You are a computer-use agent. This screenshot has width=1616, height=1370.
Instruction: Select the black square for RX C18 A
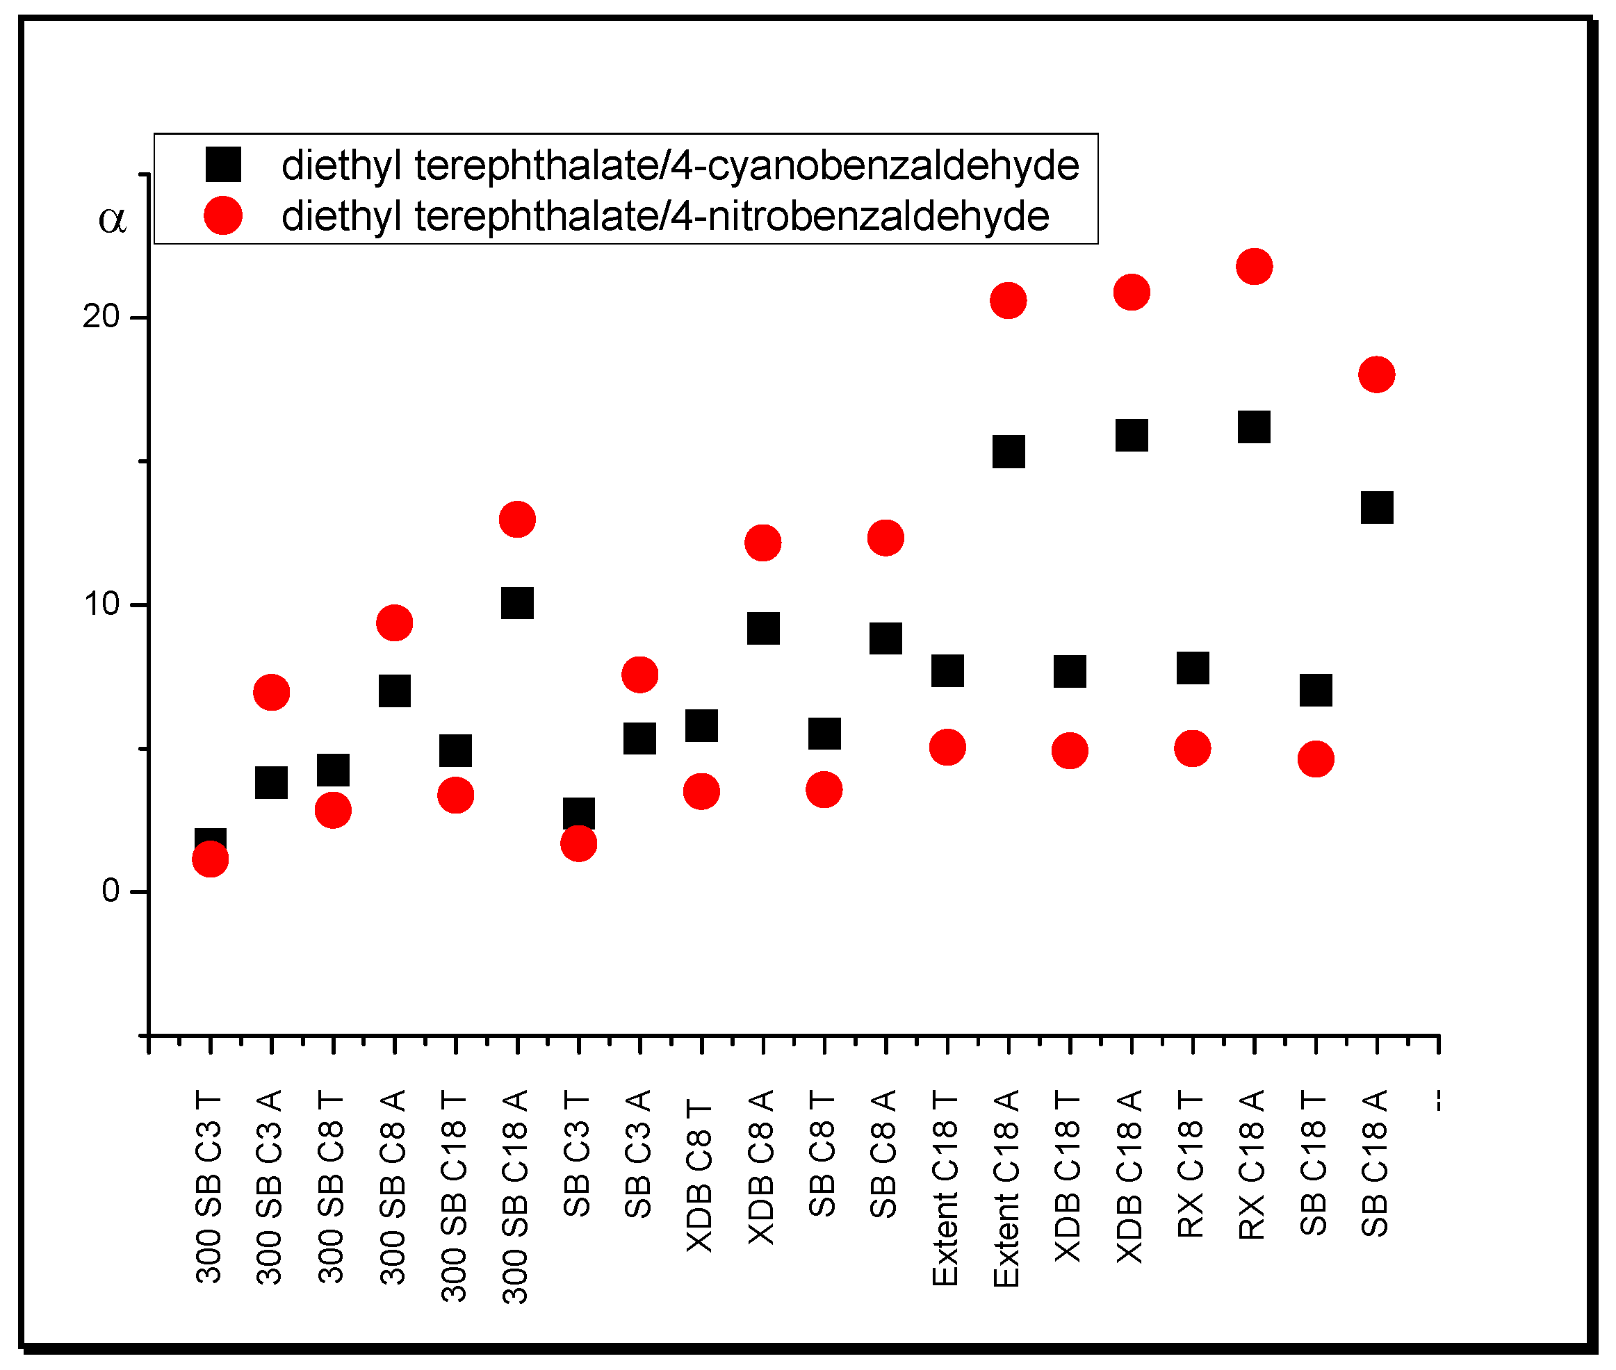coord(1253,427)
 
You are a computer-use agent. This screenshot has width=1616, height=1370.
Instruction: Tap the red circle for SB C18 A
coord(1376,375)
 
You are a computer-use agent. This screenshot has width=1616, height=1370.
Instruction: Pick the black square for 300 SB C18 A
coord(517,603)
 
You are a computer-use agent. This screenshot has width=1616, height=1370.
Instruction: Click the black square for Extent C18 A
coord(1009,452)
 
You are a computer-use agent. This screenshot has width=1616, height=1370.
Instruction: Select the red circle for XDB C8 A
coord(763,542)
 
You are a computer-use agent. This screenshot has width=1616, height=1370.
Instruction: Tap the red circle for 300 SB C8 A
coord(395,623)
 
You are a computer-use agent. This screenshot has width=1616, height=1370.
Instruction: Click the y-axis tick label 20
coord(101,317)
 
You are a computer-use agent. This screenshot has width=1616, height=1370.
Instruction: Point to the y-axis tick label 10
coord(101,604)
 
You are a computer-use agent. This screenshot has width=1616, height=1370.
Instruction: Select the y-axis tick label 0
coord(111,891)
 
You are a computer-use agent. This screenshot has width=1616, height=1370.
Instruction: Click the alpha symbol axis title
coord(112,220)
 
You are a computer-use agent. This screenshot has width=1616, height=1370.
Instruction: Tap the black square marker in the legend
coord(223,165)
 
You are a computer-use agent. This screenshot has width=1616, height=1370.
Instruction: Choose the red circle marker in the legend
coord(223,215)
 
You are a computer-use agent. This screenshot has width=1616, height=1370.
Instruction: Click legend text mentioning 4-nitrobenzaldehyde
coord(665,216)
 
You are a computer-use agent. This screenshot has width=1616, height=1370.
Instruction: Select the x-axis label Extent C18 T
coord(945,1188)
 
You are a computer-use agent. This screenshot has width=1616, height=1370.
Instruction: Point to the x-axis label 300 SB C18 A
coord(516,1196)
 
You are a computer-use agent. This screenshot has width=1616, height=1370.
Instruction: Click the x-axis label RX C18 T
coord(1191,1164)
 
